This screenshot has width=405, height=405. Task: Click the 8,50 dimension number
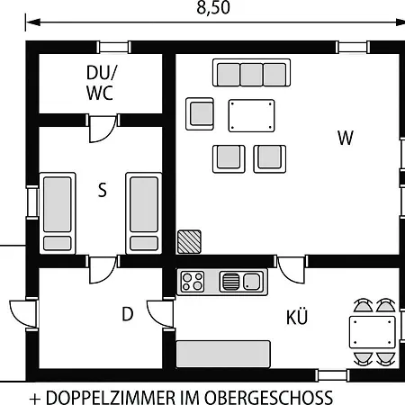tap(213, 8)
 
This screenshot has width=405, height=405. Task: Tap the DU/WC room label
tap(101, 83)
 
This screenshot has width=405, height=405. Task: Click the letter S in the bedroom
tap(103, 190)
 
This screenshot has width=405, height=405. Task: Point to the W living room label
tap(346, 138)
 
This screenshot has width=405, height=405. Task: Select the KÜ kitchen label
tap(297, 317)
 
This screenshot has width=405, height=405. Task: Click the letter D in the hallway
tap(128, 314)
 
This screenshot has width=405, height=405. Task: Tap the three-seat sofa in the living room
tap(251, 73)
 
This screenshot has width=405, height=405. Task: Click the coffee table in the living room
tap(251, 116)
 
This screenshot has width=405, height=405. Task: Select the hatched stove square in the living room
tap(189, 242)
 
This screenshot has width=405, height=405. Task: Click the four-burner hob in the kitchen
tap(193, 282)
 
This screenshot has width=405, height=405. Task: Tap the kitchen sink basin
tap(251, 282)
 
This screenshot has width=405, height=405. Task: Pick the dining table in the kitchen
tap(373, 332)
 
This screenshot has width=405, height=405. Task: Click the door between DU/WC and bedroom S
tap(103, 128)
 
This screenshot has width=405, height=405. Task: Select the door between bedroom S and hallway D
tap(103, 269)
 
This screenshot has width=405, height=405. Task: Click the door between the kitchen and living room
tap(291, 269)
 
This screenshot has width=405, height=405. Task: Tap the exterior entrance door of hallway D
tap(24, 314)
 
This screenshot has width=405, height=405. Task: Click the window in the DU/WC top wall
tap(113, 47)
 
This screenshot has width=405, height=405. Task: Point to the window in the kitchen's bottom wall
tap(332, 375)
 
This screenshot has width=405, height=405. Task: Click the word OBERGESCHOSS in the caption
tap(268, 397)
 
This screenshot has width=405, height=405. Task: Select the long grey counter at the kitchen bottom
tap(223, 354)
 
